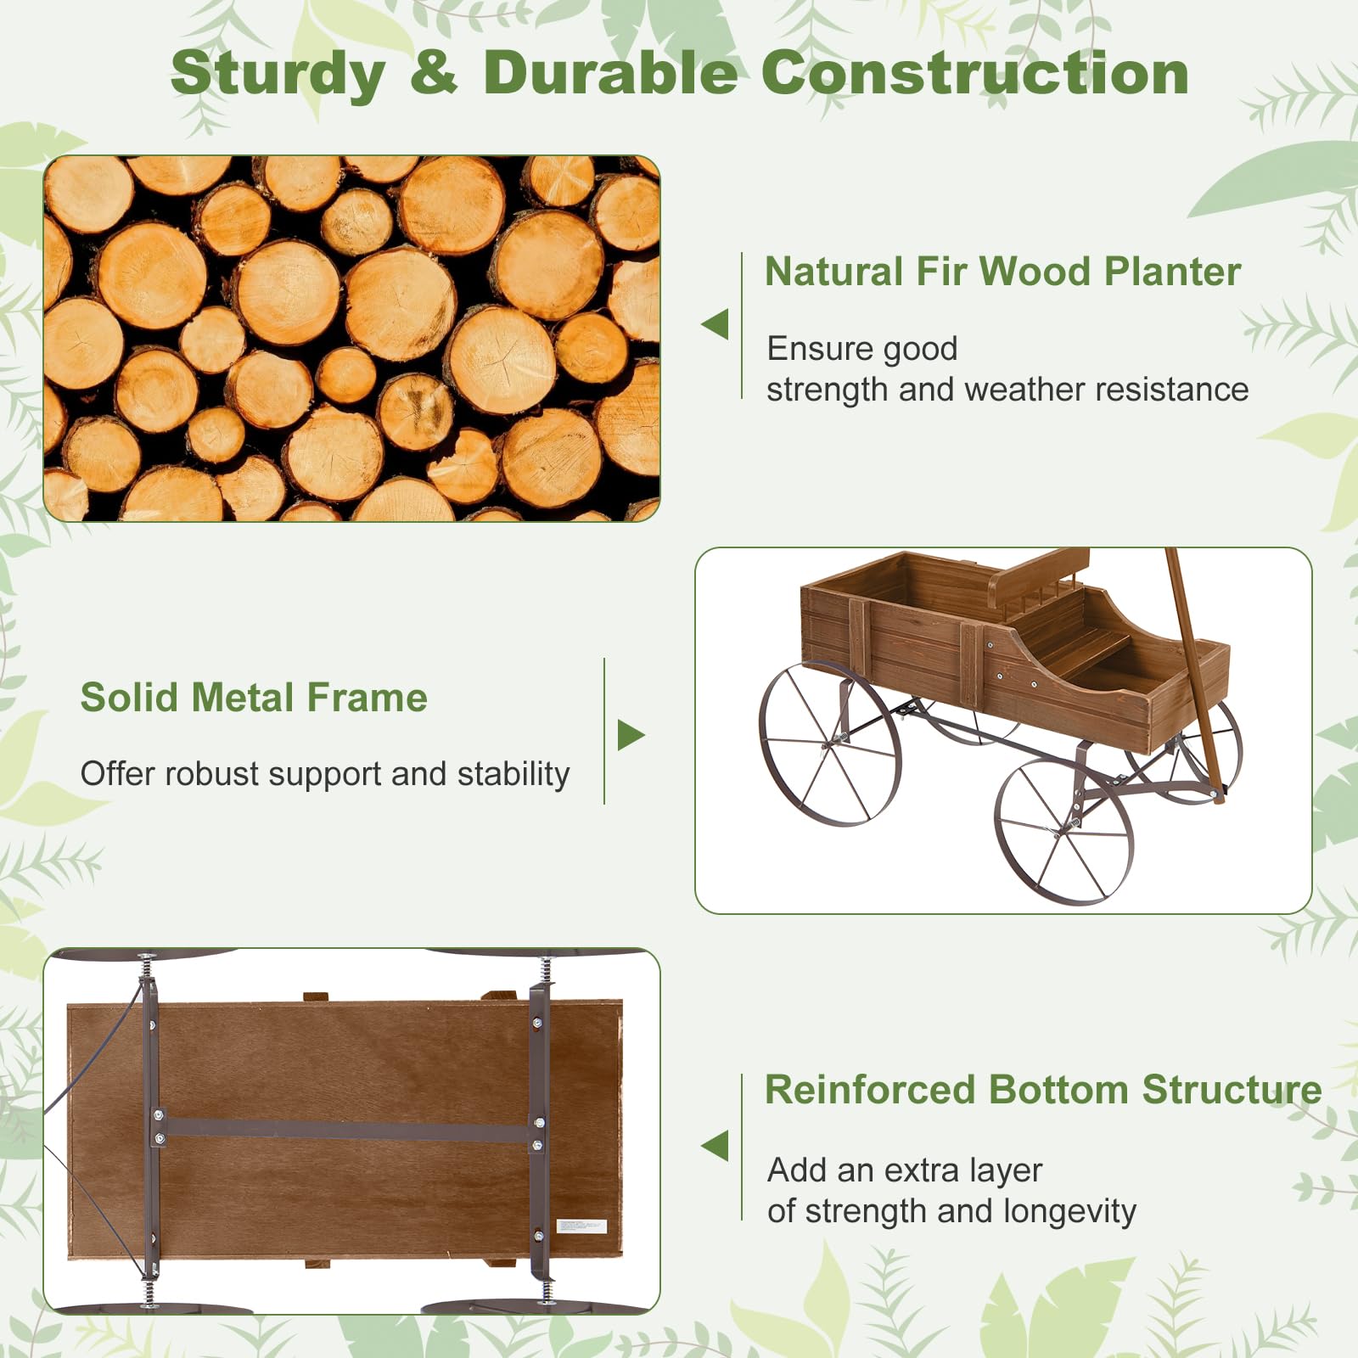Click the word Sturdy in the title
[278, 75]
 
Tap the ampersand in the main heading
[434, 73]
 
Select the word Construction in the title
[974, 73]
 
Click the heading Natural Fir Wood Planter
[1002, 272]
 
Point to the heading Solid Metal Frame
[254, 698]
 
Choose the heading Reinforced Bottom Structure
[1043, 1090]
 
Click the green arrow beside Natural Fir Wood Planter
[715, 323]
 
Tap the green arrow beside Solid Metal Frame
[630, 735]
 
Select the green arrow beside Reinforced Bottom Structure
[715, 1146]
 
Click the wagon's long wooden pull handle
[1192, 671]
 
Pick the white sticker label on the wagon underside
[581, 1226]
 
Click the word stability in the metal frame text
[513, 774]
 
